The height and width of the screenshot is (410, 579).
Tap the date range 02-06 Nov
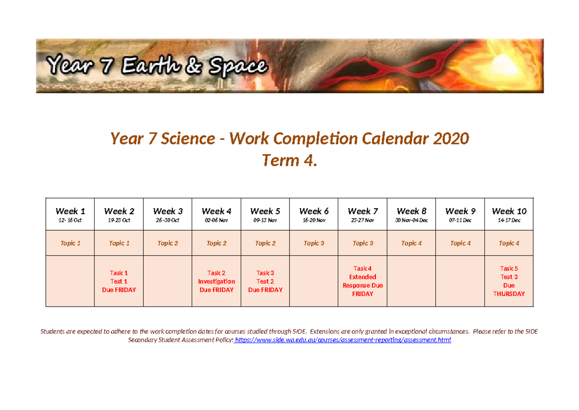coord(216,220)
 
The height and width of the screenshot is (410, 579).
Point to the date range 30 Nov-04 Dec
coord(411,220)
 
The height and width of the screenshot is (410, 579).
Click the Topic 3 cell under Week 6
coord(314,243)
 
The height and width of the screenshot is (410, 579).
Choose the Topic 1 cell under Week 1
coord(70,243)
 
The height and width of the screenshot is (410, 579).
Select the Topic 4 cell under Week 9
coord(460,243)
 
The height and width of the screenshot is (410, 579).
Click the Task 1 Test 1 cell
coord(119,282)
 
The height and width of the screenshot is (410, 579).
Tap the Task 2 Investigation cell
coord(216,282)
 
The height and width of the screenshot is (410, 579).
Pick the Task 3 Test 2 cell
coord(265,282)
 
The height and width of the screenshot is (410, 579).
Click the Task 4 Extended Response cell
coord(362,281)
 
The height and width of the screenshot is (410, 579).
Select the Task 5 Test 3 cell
coord(509,281)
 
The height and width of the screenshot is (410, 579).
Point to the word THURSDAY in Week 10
coord(509,294)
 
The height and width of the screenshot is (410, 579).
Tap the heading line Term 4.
coord(289,160)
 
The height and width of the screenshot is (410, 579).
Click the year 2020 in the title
coord(450,139)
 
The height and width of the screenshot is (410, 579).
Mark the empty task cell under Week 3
coord(167,282)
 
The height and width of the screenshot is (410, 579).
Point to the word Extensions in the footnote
coord(326,331)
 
